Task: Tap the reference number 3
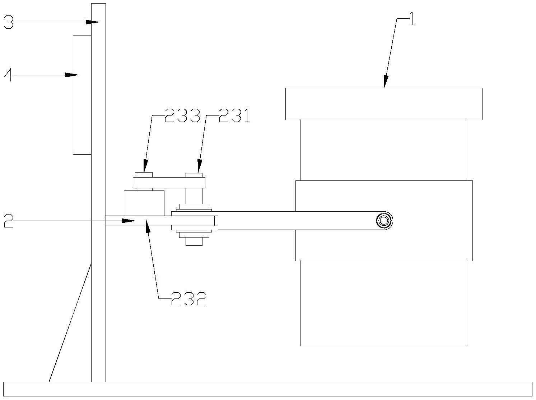pyautogui.click(x=9, y=22)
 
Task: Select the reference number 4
pyautogui.click(x=9, y=75)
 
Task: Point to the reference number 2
pyautogui.click(x=9, y=221)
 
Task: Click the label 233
pyautogui.click(x=182, y=116)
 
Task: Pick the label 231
pyautogui.click(x=234, y=116)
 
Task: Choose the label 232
pyautogui.click(x=189, y=298)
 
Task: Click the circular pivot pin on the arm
pyautogui.click(x=384, y=221)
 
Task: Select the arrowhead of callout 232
pyautogui.click(x=147, y=225)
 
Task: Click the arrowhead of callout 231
pyautogui.click(x=199, y=168)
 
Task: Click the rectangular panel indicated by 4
pyautogui.click(x=82, y=95)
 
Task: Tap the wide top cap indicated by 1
pyautogui.click(x=383, y=104)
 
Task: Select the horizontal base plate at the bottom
pyautogui.click(x=267, y=389)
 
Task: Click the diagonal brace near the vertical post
pyautogui.click(x=70, y=323)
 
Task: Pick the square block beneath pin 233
pyautogui.click(x=144, y=203)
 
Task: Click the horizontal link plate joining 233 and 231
pyautogui.click(x=169, y=183)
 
